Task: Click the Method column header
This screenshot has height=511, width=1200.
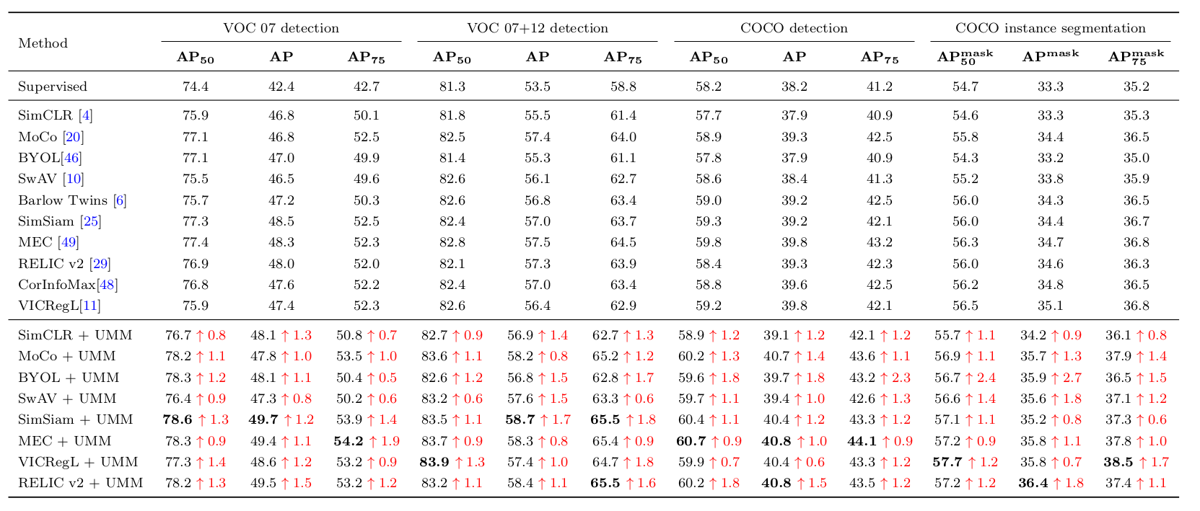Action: tap(43, 43)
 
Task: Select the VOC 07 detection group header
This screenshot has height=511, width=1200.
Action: tap(281, 28)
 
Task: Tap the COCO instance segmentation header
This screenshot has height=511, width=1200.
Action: tap(1050, 28)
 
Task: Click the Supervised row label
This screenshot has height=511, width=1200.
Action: tap(52, 86)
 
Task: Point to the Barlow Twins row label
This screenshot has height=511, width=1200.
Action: tap(62, 200)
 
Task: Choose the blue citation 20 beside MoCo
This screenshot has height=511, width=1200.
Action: tap(73, 137)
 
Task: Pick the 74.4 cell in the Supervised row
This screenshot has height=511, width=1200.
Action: tap(196, 86)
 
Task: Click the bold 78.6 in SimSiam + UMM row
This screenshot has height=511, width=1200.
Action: tap(177, 419)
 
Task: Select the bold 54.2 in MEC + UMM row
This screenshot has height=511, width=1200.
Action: tap(349, 441)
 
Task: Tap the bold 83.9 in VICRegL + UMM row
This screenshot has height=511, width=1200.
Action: tap(434, 462)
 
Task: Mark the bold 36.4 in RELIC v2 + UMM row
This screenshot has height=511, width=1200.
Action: tap(1033, 483)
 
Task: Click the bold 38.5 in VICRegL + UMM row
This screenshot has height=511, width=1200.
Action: tap(1118, 462)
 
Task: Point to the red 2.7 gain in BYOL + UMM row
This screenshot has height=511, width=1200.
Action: tap(1074, 378)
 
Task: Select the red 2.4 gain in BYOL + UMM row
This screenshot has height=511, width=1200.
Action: tap(987, 378)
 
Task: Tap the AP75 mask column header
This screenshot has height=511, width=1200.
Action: tap(1135, 56)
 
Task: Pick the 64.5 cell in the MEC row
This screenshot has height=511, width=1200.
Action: tap(623, 243)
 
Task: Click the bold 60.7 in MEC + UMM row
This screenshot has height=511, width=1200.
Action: tap(692, 441)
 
